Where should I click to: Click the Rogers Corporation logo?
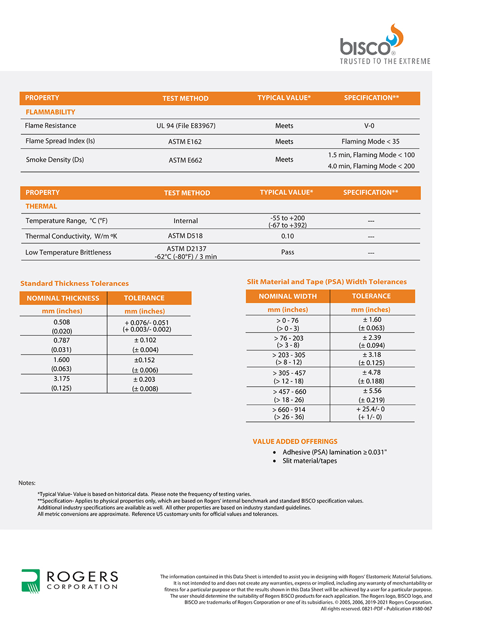[69, 581]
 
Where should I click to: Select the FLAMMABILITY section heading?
[50, 112]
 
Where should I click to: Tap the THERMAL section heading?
[41, 207]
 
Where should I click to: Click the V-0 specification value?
[369, 126]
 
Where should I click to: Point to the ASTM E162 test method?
[185, 142]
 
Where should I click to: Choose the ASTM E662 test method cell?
[185, 160]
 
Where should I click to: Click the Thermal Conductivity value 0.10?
[288, 236]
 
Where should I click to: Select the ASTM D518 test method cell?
[185, 236]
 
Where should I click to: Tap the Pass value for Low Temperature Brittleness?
[288, 253]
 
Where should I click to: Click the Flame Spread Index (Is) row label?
[60, 141]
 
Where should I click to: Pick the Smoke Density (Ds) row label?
[55, 160]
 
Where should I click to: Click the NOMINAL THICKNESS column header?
[63, 298]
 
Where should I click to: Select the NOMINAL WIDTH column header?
[288, 296]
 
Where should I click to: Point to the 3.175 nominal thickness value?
[62, 379]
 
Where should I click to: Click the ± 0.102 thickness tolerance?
[145, 340]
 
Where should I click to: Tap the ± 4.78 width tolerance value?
[372, 373]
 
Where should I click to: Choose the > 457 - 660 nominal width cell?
[289, 392]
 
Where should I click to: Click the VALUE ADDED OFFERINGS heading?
[295, 442]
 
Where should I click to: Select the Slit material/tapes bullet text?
[310, 461]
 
